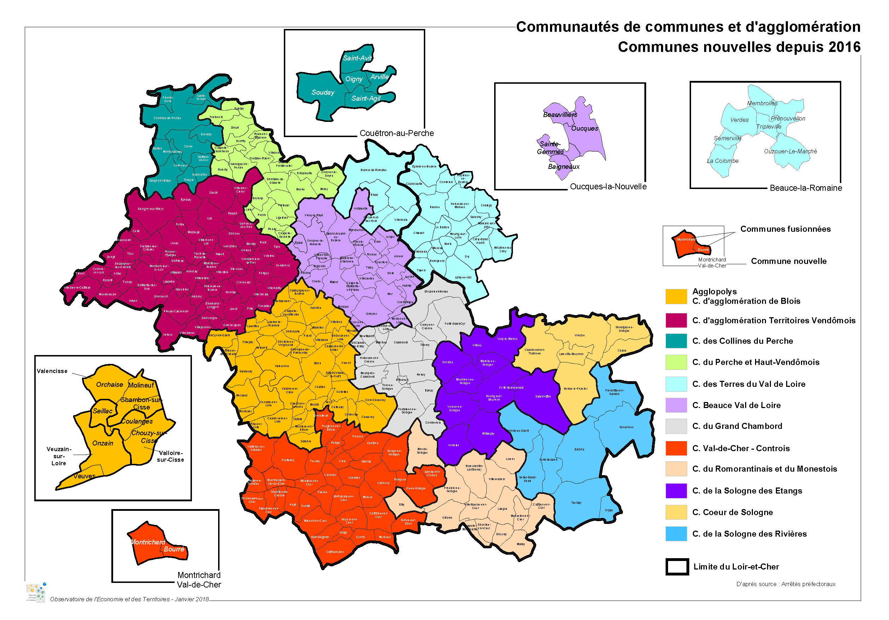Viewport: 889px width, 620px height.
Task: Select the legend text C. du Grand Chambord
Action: click(737, 426)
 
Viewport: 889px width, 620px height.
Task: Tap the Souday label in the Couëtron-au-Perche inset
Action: click(322, 93)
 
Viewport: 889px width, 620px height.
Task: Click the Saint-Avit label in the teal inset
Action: click(357, 58)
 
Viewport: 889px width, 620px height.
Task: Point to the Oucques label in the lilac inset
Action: click(584, 129)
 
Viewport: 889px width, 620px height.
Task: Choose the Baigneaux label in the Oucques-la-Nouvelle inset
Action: click(563, 167)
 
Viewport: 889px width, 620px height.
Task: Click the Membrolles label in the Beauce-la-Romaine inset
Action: click(762, 103)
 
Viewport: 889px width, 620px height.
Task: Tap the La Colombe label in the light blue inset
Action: click(722, 161)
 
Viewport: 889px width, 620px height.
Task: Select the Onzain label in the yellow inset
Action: click(103, 443)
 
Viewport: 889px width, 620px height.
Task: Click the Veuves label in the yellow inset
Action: click(84, 477)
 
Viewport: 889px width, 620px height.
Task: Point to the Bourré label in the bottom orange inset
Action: click(174, 549)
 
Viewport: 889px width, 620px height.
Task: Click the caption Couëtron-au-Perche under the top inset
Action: click(396, 133)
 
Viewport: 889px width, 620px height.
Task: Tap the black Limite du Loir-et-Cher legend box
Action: click(677, 567)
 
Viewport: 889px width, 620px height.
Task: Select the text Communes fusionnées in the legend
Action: click(785, 229)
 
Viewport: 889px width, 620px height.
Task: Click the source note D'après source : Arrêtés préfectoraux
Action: click(785, 584)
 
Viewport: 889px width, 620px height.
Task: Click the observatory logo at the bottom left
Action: click(36, 592)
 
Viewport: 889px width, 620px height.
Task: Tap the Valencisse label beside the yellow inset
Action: click(52, 371)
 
